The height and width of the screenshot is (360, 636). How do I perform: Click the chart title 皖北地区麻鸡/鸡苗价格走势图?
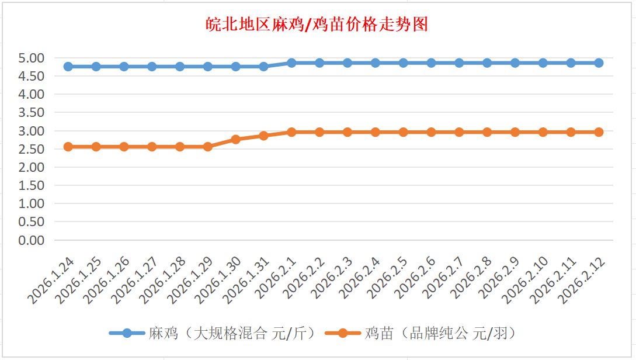pyautogui.click(x=318, y=25)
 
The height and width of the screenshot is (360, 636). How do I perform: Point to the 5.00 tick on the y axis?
pyautogui.click(x=32, y=58)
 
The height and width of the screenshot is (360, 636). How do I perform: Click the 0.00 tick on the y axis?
pyautogui.click(x=32, y=240)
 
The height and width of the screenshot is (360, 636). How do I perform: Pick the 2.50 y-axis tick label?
pyautogui.click(x=32, y=149)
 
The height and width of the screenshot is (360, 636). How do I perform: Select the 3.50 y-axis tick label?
pyautogui.click(x=32, y=112)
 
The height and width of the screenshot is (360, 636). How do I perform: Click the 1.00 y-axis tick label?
pyautogui.click(x=32, y=204)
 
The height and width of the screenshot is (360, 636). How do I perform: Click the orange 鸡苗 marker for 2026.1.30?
pyautogui.click(x=236, y=139)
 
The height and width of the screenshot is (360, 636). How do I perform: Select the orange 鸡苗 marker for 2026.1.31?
pyautogui.click(x=264, y=136)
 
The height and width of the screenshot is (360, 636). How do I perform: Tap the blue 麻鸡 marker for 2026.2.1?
pyautogui.click(x=291, y=63)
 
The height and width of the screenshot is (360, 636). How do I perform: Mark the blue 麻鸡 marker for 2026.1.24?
pyautogui.click(x=68, y=67)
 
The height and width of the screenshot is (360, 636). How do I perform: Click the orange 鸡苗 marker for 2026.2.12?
pyautogui.click(x=599, y=132)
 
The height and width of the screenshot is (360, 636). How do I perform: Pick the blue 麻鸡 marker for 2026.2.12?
pyautogui.click(x=599, y=63)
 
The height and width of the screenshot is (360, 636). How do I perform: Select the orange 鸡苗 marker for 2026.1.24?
pyautogui.click(x=68, y=147)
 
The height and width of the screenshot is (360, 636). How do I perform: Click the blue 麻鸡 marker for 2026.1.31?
pyautogui.click(x=264, y=67)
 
